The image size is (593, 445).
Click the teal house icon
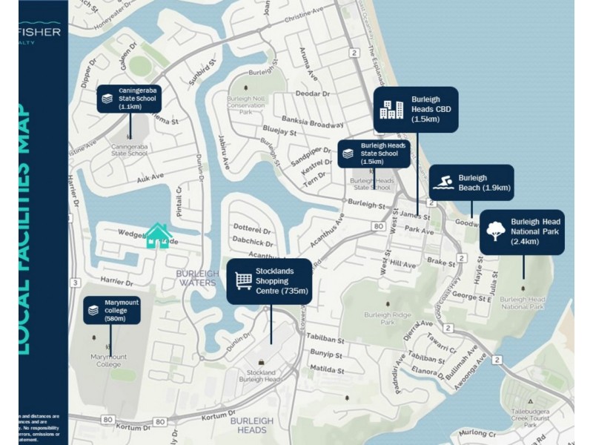tap(158, 236)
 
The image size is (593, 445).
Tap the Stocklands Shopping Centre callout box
tap(269, 282)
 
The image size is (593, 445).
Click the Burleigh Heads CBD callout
tap(415, 109)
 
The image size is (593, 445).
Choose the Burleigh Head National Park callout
tap(522, 232)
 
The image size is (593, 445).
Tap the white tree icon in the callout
tap(494, 231)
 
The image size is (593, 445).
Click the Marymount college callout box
tap(112, 309)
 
